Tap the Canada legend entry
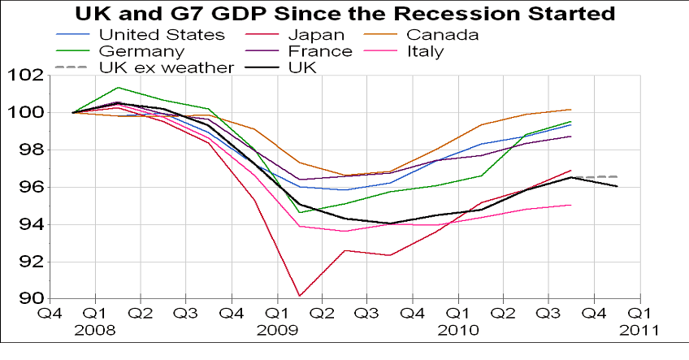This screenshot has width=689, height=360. pyautogui.click(x=442, y=35)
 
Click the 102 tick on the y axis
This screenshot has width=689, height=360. pyautogui.click(x=27, y=76)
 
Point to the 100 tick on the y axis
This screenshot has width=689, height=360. pyautogui.click(x=27, y=112)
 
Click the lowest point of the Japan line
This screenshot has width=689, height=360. pyautogui.click(x=300, y=296)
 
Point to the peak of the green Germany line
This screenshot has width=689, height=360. pyautogui.click(x=119, y=87)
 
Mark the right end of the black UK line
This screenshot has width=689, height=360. pyautogui.click(x=617, y=186)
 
